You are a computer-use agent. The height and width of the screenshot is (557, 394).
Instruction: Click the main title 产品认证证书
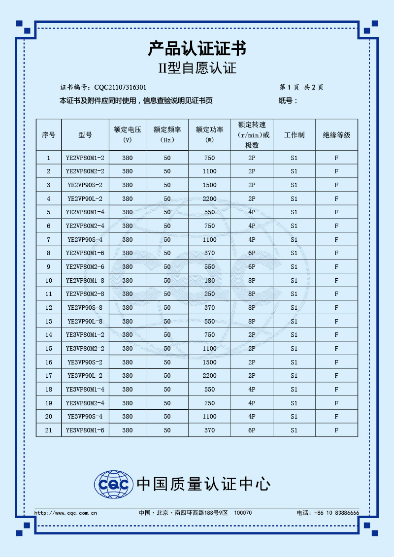197,49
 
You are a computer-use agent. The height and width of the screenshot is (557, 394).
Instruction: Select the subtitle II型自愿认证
197,68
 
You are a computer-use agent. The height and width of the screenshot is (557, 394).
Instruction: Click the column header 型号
85,135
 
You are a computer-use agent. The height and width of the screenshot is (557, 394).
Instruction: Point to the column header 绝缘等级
336,135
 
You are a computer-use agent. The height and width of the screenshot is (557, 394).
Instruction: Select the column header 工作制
294,135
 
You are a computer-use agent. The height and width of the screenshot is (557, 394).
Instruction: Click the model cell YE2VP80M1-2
85,158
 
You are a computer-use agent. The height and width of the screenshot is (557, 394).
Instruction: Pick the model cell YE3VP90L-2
85,376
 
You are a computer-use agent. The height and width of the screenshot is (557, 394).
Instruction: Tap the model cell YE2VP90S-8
85,308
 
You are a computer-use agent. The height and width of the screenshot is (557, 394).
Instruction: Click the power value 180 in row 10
209,281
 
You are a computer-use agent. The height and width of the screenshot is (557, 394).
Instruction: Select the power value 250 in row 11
209,294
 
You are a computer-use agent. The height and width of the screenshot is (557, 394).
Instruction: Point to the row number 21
48,430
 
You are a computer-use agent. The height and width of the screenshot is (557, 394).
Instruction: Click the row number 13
48,322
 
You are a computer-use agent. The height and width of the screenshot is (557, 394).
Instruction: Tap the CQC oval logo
114,484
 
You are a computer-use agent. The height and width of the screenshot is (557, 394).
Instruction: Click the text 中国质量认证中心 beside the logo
203,484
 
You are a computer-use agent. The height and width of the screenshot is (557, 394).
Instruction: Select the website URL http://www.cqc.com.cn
66,513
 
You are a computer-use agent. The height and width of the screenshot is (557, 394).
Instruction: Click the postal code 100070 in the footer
243,513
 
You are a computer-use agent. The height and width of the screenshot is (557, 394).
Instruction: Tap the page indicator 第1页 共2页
301,88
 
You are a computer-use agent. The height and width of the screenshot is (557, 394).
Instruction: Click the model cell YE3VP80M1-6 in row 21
85,430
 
